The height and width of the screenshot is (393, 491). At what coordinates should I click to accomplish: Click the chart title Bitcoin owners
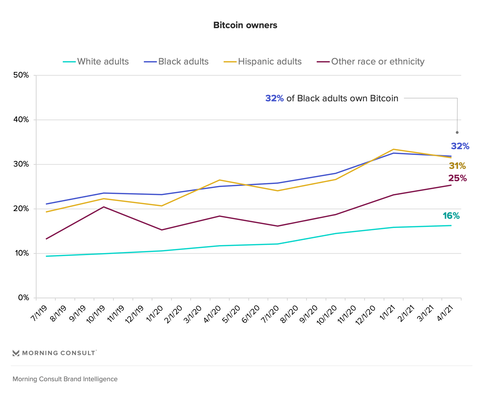point(245,25)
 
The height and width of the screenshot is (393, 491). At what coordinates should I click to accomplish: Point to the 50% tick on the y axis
point(21,75)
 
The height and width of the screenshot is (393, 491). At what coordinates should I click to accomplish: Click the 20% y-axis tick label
point(21,209)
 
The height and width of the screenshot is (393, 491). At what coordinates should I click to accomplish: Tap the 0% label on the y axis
point(23,298)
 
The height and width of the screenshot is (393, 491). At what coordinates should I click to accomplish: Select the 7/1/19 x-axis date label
point(39,313)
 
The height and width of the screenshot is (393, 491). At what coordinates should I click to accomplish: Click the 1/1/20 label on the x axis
point(155,313)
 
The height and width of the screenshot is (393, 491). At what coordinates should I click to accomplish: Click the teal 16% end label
point(451,216)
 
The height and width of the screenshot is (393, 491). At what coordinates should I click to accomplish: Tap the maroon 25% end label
point(457,178)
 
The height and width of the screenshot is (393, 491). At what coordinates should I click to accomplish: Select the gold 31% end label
point(457,166)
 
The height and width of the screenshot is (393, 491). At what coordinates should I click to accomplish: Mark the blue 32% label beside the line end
point(460,146)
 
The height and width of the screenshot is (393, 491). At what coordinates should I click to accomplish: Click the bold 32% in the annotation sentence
point(274,98)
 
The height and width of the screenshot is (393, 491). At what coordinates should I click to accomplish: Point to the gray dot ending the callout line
point(457,133)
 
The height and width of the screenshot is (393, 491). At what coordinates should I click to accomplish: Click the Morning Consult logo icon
point(16,353)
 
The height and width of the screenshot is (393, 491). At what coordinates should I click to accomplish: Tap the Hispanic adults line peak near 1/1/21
point(393,149)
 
